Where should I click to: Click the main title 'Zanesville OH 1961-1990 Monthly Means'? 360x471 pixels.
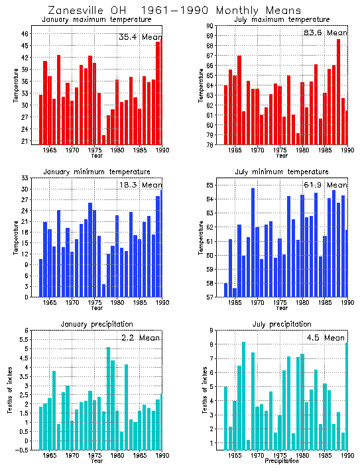(174, 10)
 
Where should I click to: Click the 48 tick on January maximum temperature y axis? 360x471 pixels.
(25, 33)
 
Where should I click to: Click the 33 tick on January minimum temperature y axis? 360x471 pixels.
(25, 178)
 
